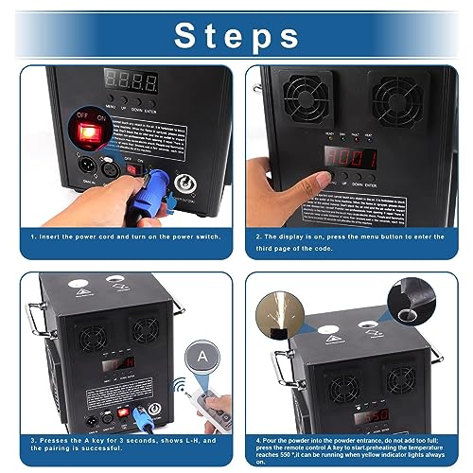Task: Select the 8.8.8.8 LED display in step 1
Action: pos(127,80)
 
